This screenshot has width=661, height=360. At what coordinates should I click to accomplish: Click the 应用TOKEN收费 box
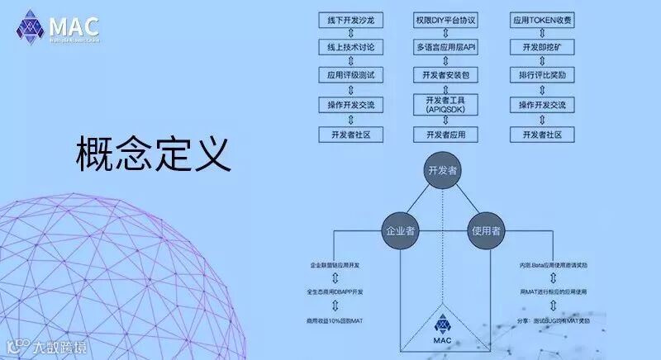[542, 18]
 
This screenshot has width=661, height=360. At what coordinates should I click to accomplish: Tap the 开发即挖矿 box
[542, 47]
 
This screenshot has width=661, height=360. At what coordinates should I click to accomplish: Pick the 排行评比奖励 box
[542, 75]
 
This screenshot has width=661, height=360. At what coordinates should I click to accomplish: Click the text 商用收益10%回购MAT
[340, 319]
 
